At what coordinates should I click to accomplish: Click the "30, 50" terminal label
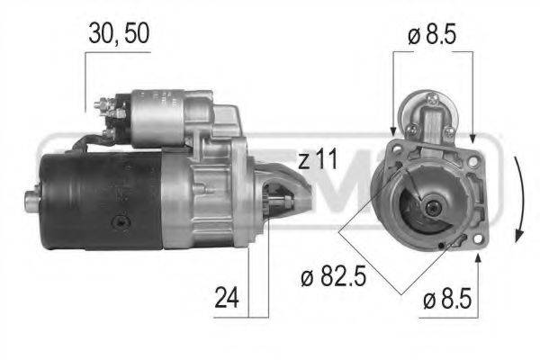118,33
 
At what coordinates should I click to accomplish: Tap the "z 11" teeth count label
317,162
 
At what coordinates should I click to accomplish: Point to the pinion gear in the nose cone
286,195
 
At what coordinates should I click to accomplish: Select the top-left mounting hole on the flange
393,147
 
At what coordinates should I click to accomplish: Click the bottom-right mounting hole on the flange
477,238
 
